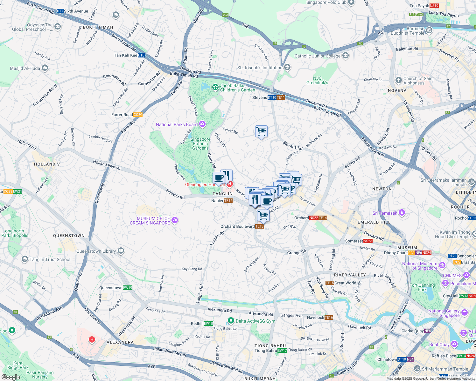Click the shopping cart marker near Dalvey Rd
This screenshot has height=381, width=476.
pyautogui.click(x=261, y=131)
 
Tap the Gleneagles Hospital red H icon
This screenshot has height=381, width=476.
pyautogui.click(x=230, y=184)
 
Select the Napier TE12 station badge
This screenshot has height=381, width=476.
pyautogui.click(x=228, y=201)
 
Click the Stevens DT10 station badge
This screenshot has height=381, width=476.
pyautogui.click(x=272, y=97)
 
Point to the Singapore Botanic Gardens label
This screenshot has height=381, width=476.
pyautogui.click(x=200, y=144)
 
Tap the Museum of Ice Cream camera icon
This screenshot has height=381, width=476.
pyautogui.click(x=175, y=220)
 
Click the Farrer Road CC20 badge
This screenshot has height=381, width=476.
pyautogui.click(x=138, y=115)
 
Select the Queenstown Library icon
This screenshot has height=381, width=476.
pyautogui.click(x=121, y=251)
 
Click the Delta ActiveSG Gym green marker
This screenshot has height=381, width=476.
pyautogui.click(x=231, y=321)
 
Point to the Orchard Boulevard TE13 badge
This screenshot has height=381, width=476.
pyautogui.click(x=259, y=226)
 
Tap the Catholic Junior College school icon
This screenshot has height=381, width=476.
pyautogui.click(x=346, y=56)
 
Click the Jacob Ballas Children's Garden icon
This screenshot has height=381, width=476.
pyautogui.click(x=215, y=87)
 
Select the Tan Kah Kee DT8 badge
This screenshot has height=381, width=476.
pyautogui.click(x=141, y=55)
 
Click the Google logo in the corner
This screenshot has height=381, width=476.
pyautogui.click(x=11, y=377)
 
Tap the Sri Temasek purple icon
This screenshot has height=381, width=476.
pyautogui.click(x=402, y=213)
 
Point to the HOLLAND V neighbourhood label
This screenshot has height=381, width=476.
pyautogui.click(x=47, y=164)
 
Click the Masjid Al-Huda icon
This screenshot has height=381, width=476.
pyautogui.click(x=45, y=68)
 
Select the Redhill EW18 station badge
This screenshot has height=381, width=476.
pyautogui.click(x=208, y=324)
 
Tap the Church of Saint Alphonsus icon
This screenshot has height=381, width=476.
pyautogui.click(x=399, y=80)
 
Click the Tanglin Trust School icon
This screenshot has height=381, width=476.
pyautogui.click(x=25, y=259)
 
